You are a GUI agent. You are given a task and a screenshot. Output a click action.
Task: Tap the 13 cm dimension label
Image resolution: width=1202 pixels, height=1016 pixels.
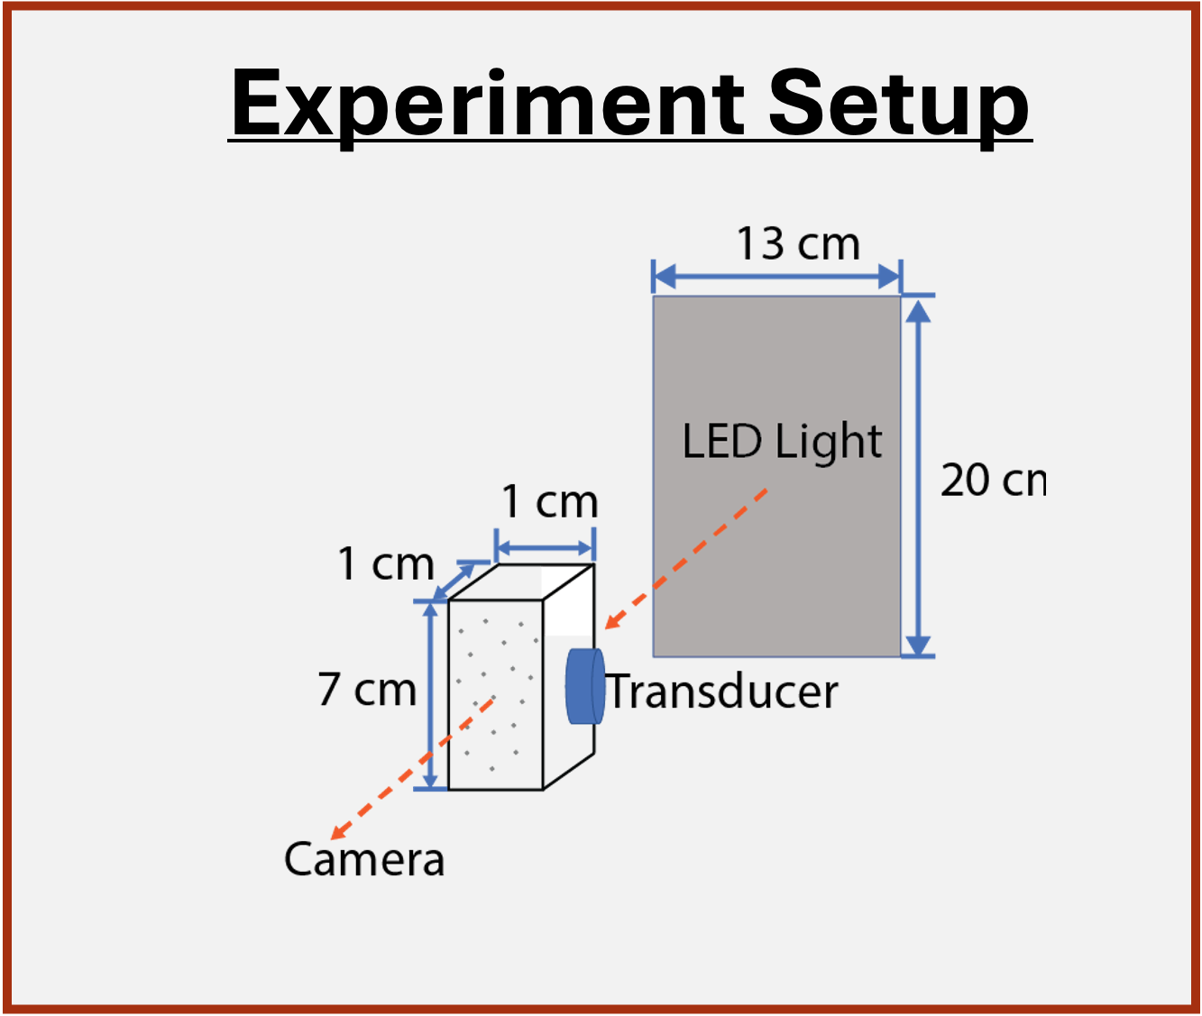click(x=798, y=244)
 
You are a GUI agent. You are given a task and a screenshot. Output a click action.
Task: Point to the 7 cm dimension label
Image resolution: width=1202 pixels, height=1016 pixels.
click(x=367, y=691)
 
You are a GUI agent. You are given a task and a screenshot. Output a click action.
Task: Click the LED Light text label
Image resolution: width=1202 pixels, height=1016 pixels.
click(x=782, y=442)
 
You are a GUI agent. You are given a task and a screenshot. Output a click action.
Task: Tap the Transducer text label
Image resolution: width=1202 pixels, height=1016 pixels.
click(x=722, y=692)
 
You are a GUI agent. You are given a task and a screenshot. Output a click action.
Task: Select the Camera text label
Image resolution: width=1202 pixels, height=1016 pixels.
click(x=364, y=859)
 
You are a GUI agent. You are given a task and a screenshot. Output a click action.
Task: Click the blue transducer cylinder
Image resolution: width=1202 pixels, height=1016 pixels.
click(x=583, y=686)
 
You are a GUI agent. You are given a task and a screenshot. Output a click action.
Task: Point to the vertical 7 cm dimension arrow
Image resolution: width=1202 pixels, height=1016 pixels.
click(x=431, y=694)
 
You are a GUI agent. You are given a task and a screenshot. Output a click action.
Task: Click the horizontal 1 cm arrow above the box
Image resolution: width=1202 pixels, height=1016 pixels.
click(x=545, y=548)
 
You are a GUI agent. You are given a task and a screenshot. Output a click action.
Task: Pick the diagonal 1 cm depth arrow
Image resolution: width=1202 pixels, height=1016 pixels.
click(x=455, y=581)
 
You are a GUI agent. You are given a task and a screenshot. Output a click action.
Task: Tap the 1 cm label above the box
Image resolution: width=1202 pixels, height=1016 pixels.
click(x=549, y=502)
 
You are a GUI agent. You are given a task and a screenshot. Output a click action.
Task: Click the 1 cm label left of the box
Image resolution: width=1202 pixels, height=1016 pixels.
click(x=386, y=564)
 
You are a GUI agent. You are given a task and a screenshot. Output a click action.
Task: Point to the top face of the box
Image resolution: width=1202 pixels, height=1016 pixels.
click(x=521, y=581)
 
